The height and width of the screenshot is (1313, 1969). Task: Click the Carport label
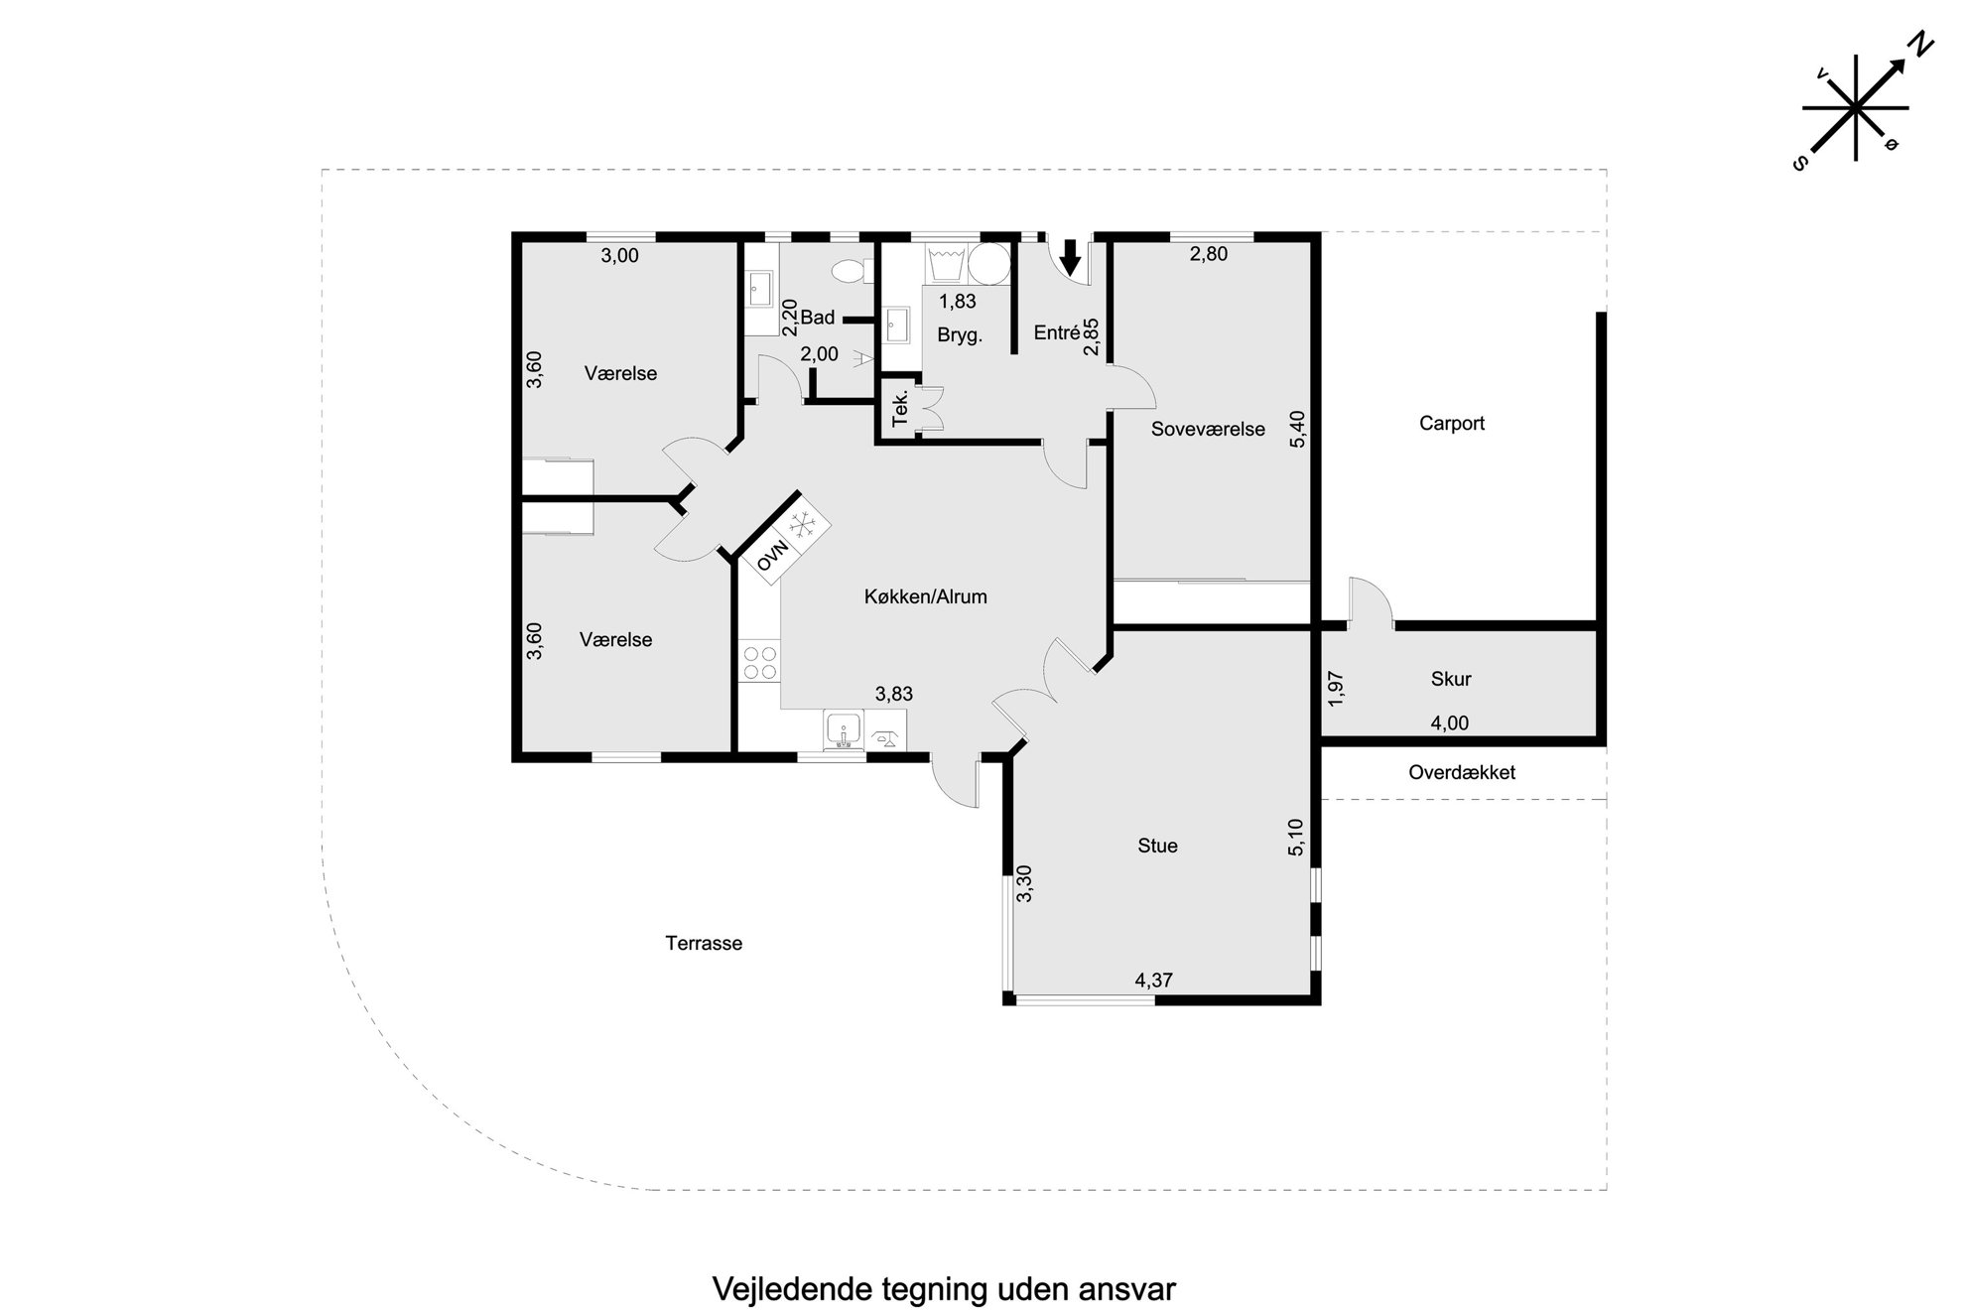pyautogui.click(x=1451, y=424)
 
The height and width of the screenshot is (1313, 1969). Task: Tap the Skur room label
pyautogui.click(x=1451, y=680)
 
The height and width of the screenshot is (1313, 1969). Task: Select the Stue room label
pyautogui.click(x=1157, y=846)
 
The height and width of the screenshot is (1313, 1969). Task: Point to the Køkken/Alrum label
pyautogui.click(x=925, y=597)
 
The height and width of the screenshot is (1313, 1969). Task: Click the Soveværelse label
pyautogui.click(x=1208, y=430)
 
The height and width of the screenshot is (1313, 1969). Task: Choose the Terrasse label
pyautogui.click(x=704, y=944)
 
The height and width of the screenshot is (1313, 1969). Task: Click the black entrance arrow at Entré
pyautogui.click(x=1070, y=256)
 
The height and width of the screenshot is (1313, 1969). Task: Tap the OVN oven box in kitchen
pyautogui.click(x=772, y=557)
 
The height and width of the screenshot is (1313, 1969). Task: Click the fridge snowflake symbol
pyautogui.click(x=802, y=524)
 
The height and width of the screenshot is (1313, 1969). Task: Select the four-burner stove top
pyautogui.click(x=760, y=663)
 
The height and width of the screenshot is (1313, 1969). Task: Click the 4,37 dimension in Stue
pyautogui.click(x=1154, y=981)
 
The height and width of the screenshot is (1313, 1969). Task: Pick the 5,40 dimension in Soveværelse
pyautogui.click(x=1297, y=429)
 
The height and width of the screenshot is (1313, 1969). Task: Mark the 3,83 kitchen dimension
pyautogui.click(x=893, y=695)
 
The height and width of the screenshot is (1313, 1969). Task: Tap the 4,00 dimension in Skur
pyautogui.click(x=1449, y=723)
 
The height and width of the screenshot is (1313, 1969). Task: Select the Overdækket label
pyautogui.click(x=1462, y=772)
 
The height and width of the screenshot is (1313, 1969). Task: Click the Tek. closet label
pyautogui.click(x=900, y=409)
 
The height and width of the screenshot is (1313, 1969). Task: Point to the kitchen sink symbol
pyautogui.click(x=843, y=730)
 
